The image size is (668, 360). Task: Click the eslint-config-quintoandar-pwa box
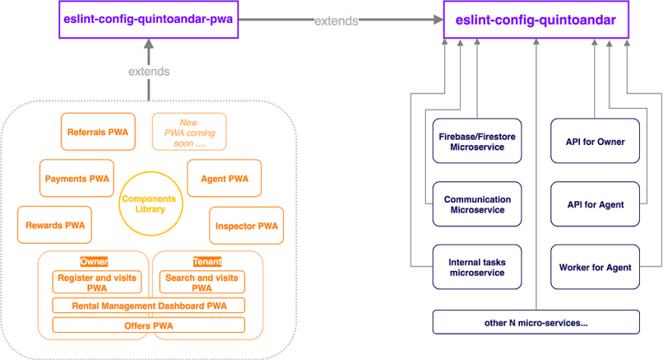point(148,20)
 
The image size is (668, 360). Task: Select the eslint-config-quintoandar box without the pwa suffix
point(536,20)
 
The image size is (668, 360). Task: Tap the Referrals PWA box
point(98,131)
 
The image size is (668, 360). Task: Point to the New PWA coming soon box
point(189,131)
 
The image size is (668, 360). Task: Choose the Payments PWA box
point(77,178)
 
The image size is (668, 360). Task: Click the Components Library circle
point(150,204)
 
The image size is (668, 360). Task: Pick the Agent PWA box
point(225,178)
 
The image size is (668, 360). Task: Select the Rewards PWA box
point(55,225)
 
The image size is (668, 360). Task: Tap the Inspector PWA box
point(247,226)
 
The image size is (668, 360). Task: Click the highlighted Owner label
point(94,261)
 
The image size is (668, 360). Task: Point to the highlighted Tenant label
point(207,261)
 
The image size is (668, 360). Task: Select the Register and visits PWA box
point(97,282)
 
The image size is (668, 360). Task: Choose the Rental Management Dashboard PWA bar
point(149,305)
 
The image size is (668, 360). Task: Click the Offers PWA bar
point(149,325)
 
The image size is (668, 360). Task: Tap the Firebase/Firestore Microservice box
point(477,141)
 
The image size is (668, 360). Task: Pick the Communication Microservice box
point(477,204)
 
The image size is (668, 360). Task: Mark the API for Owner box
point(595,141)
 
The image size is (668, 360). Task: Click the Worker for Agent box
point(595,267)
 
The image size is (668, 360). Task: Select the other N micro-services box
point(536,322)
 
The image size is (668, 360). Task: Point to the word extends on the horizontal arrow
point(336,21)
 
